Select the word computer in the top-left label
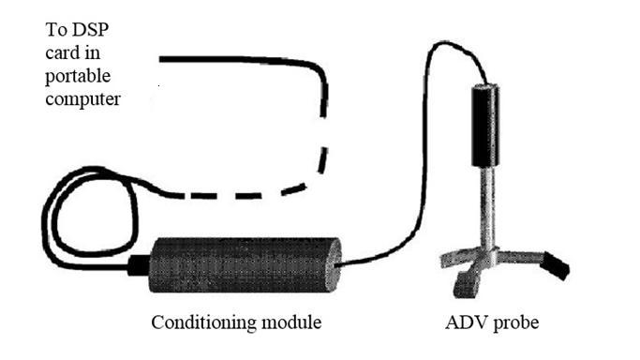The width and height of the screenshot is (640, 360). [83, 97]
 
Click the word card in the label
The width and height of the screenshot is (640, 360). [64, 53]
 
